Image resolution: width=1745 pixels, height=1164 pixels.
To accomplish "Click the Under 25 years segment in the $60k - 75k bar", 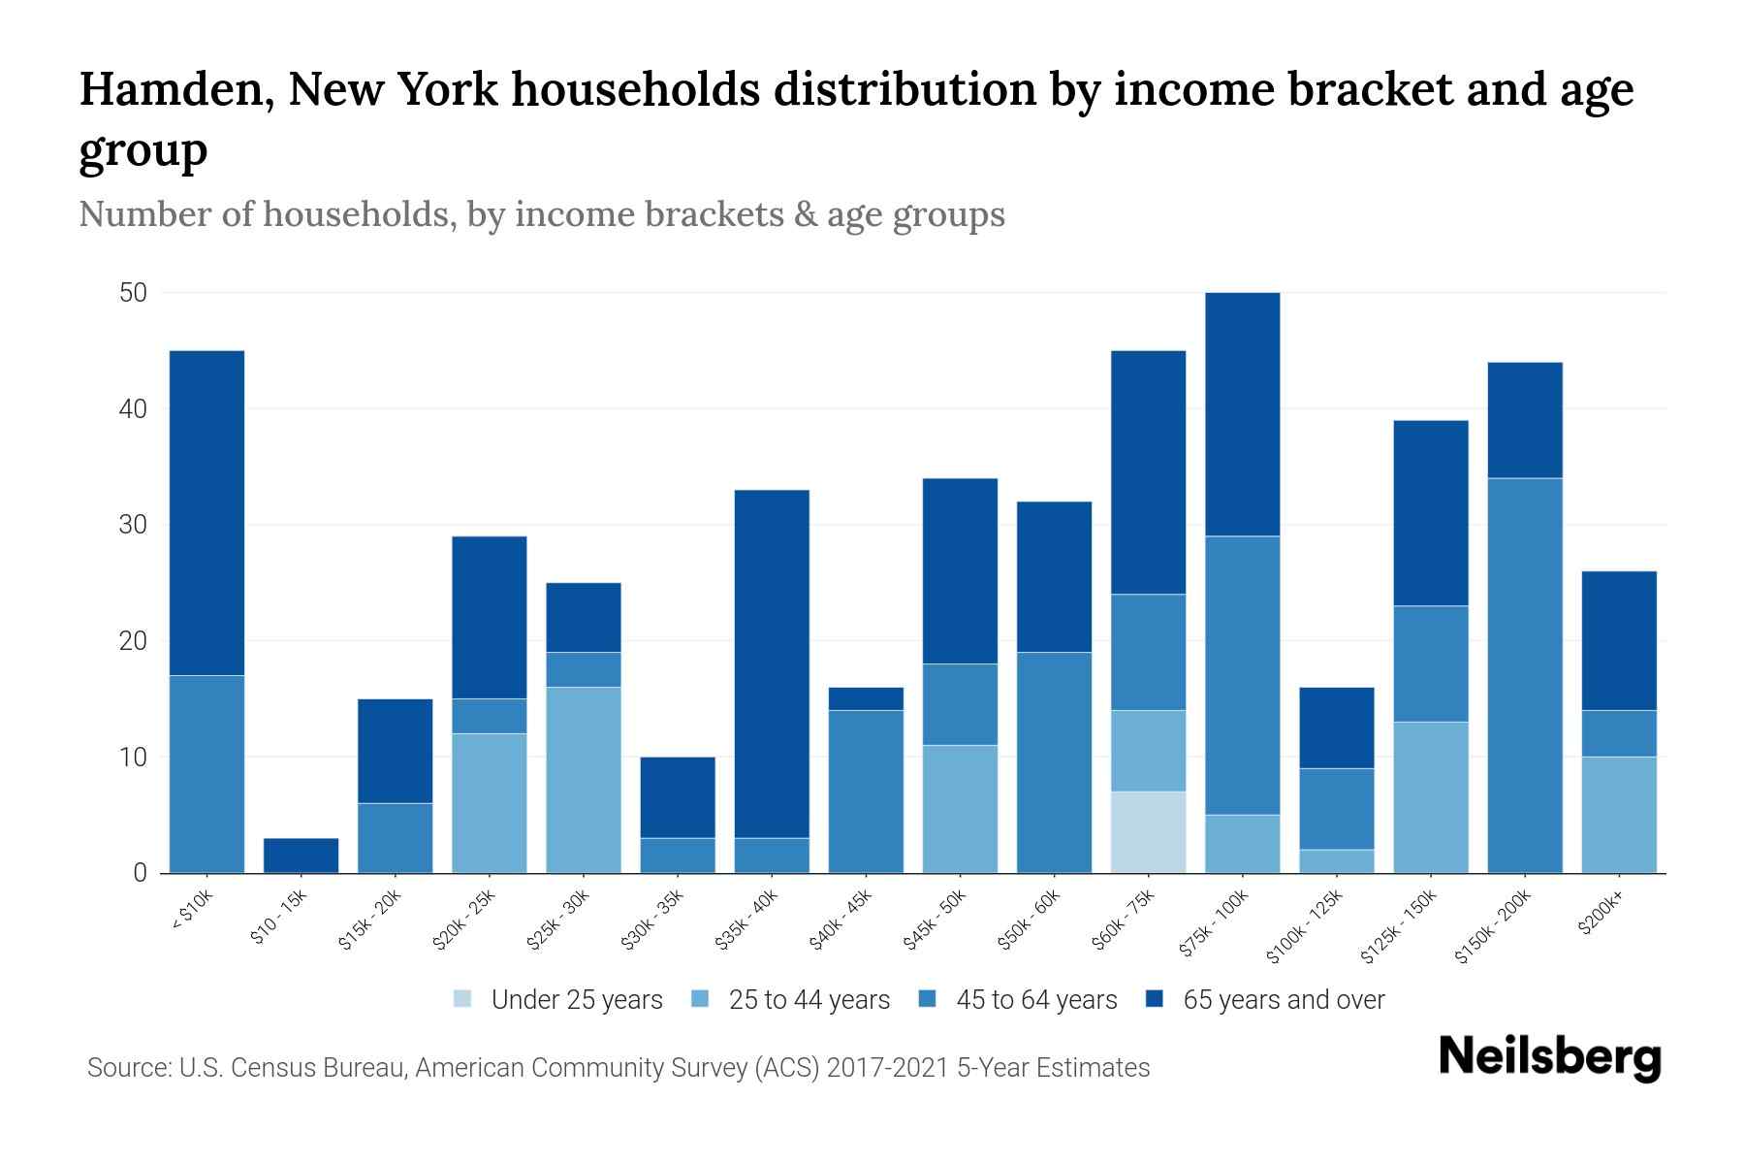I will (1148, 832).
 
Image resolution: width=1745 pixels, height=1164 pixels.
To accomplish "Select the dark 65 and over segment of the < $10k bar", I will (206, 512).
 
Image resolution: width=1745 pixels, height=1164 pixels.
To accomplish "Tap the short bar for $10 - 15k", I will (301, 856).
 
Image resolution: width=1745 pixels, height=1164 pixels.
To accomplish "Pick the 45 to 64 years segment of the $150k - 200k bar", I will (1525, 675).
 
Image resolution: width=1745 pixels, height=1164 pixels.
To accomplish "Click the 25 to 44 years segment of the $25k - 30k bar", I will (584, 780).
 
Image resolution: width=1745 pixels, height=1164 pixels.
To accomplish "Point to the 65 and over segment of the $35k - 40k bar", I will (772, 663).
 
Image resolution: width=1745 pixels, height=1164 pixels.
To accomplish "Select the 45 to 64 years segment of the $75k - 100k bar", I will (1242, 675).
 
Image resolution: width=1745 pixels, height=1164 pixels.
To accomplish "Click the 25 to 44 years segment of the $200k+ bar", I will (1619, 815).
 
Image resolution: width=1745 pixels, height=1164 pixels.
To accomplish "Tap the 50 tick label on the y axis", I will (133, 293).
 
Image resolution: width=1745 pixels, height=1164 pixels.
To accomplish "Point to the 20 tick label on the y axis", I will (133, 641).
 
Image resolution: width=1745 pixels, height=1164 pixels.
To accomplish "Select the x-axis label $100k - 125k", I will (1305, 927).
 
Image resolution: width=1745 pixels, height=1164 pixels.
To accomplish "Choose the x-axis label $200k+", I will (1601, 914).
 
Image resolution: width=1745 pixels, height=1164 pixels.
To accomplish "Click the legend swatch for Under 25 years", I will (463, 999).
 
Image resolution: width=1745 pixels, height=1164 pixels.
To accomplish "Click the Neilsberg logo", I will (1549, 1057).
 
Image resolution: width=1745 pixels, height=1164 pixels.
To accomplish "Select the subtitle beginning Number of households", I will (541, 214).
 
